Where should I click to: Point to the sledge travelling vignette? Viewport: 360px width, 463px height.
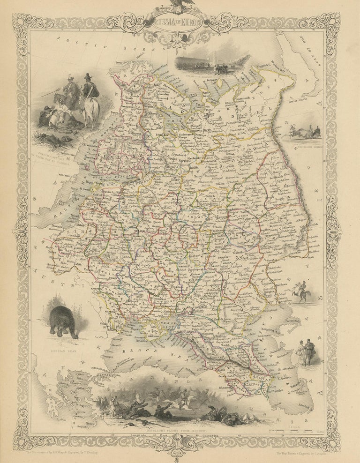coord(304,132)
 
